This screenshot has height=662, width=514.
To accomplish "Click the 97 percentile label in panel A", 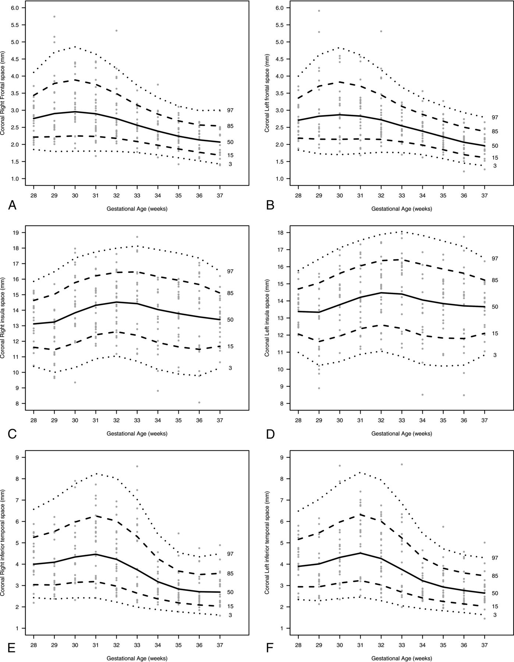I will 230,110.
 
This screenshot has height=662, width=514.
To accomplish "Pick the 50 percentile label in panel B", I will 495,146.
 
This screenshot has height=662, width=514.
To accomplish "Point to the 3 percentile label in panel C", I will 230,368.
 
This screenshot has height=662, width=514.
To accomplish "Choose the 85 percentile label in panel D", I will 495,280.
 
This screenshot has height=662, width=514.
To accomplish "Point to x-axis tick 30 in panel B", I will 340,196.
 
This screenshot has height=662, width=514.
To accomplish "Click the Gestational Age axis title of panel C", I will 137,434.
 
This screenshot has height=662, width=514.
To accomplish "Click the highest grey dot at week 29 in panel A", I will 54,17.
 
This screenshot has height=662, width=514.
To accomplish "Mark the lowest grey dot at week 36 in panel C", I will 199,402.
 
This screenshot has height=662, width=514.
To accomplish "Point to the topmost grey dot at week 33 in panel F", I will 402,465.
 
